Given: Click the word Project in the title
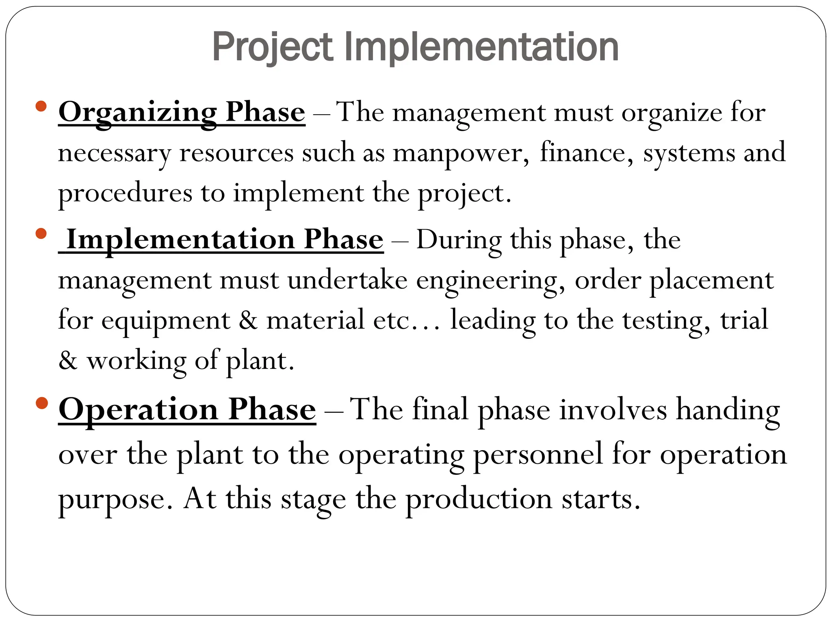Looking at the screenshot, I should (x=272, y=48).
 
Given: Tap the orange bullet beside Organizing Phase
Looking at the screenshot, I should (x=41, y=106).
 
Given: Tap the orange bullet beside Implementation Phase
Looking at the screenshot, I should (x=41, y=234).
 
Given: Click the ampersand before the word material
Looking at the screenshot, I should (x=248, y=321).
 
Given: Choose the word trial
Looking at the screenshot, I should (x=744, y=320).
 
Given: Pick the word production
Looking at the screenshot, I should (x=479, y=499).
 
